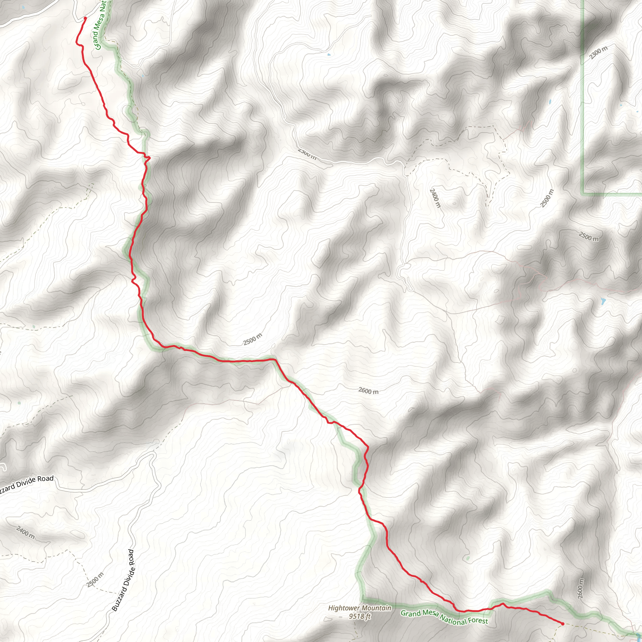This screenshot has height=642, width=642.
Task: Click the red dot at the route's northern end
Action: [85, 18]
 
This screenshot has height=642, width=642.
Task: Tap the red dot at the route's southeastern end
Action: [562, 624]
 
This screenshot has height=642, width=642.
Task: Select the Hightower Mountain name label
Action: [360, 608]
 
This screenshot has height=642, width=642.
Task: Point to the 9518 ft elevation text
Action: [360, 616]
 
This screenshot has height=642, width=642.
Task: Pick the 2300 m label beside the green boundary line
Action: [598, 52]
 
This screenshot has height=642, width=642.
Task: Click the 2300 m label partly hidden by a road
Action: [307, 154]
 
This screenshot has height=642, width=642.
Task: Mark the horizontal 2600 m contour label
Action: [368, 391]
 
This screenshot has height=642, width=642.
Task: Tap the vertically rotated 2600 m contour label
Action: [580, 589]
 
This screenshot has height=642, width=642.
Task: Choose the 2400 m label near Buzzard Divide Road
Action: [25, 532]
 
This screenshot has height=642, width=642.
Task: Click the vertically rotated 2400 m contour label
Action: [435, 198]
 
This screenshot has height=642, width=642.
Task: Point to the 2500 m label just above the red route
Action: [253, 339]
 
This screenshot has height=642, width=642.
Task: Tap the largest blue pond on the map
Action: [603, 301]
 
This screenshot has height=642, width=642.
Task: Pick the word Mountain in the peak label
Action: [376, 608]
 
